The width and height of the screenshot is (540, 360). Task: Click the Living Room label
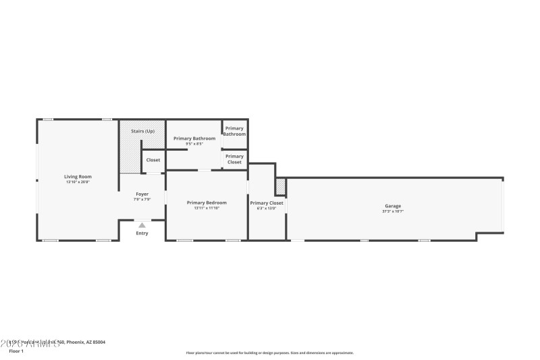click(x=78, y=177)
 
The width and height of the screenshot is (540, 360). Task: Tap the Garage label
click(x=393, y=206)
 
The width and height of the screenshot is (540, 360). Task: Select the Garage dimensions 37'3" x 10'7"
click(x=393, y=211)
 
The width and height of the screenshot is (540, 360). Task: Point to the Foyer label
click(x=142, y=194)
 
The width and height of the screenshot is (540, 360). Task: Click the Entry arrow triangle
click(x=142, y=226)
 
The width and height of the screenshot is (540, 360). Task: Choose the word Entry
click(x=142, y=234)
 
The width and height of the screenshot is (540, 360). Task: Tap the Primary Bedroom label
click(x=207, y=203)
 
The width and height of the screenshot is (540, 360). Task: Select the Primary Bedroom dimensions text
click(x=207, y=208)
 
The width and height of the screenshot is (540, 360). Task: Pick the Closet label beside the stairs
click(x=153, y=160)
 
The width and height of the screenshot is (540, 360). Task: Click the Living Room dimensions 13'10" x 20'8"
click(x=78, y=182)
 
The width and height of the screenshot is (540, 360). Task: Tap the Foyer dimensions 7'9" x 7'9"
click(x=142, y=199)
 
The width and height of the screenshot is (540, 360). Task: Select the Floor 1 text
click(x=16, y=351)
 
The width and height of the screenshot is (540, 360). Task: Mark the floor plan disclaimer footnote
click(x=269, y=353)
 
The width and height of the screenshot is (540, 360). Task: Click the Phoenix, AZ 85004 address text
click(x=84, y=342)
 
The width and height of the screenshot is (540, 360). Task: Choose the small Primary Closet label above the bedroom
click(x=234, y=159)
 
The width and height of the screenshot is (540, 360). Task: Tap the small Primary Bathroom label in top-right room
click(x=234, y=131)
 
